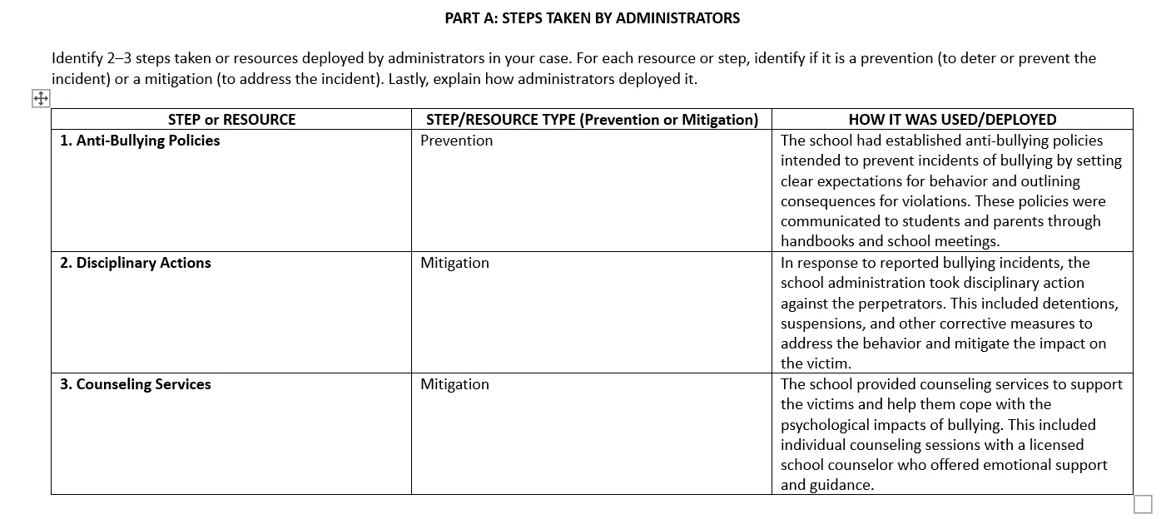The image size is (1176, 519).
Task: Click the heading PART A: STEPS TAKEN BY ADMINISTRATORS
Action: pos(592,17)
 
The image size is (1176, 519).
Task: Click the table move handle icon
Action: pos(40,99)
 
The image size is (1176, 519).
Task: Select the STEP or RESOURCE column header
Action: pos(231,120)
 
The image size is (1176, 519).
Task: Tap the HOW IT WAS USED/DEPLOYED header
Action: pos(952,120)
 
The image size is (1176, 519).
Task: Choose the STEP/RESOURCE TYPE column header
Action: pos(592,120)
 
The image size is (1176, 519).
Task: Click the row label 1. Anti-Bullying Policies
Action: pos(140,141)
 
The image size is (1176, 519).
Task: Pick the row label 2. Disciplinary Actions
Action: pos(135,263)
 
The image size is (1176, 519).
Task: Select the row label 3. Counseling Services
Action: pos(135,384)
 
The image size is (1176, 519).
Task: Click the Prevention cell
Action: pos(456,141)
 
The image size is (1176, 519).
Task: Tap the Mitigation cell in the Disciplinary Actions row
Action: pos(454,263)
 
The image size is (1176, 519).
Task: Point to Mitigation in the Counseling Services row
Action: pos(454,384)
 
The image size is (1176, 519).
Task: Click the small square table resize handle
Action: pos(1144,504)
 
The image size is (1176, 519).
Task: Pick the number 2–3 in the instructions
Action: pos(121,58)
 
